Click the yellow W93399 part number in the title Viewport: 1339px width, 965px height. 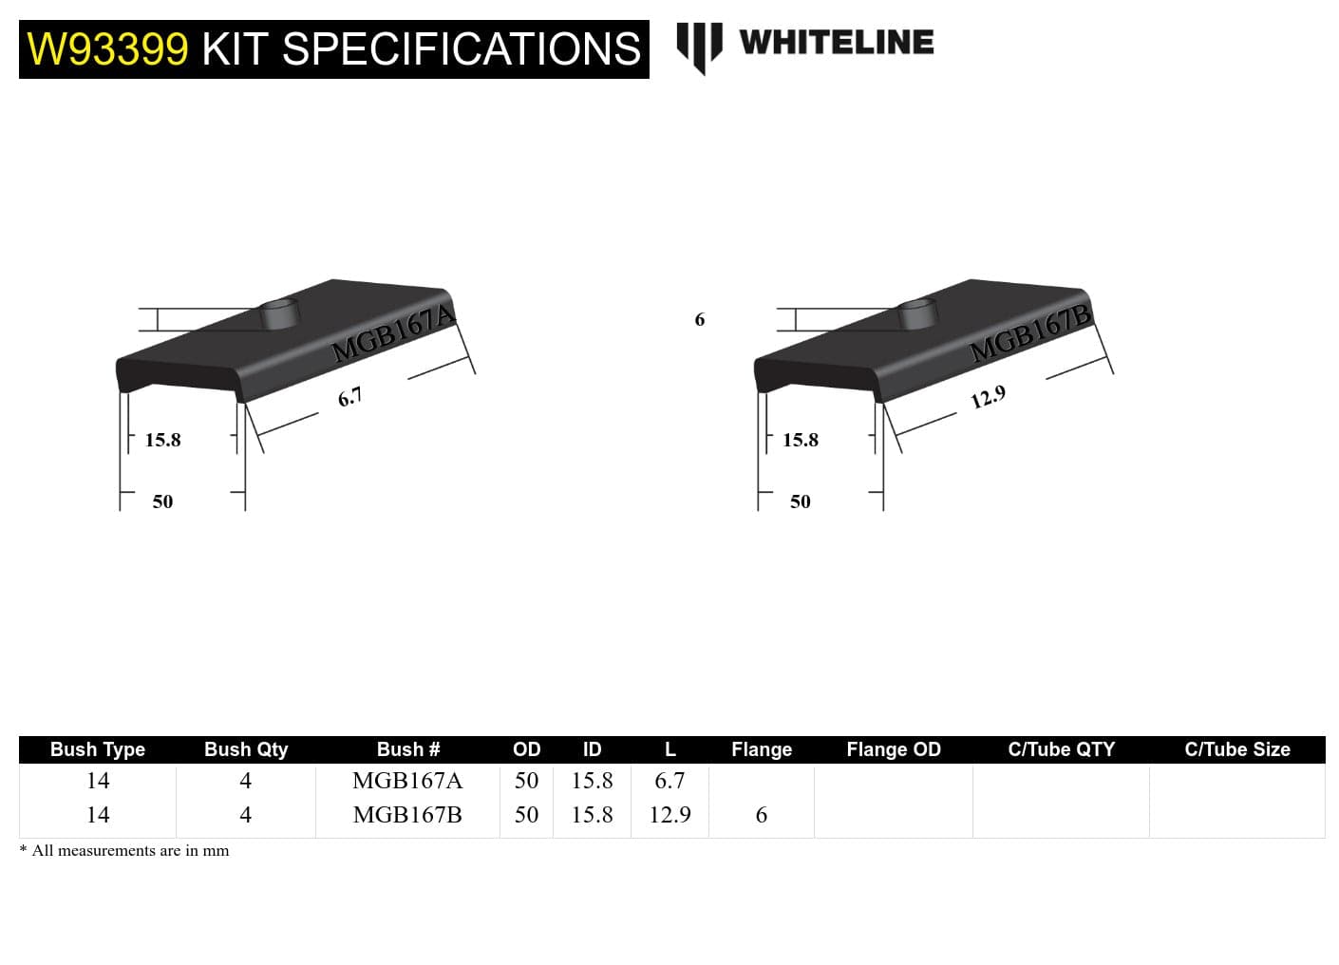[x=107, y=49]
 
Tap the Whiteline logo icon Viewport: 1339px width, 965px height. [x=699, y=47]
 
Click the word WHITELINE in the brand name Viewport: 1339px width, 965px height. [x=836, y=43]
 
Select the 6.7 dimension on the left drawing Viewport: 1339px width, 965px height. [x=349, y=397]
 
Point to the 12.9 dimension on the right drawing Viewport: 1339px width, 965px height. [x=988, y=397]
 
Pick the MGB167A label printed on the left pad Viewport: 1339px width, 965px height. [x=393, y=333]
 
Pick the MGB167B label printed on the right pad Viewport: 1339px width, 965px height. [x=1031, y=333]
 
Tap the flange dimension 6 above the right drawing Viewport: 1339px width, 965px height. [x=700, y=320]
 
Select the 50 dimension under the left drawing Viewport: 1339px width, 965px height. [x=162, y=501]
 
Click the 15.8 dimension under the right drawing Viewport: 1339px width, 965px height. [x=800, y=440]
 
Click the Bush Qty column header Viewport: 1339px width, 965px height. [x=245, y=749]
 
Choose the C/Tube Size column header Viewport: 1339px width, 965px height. [x=1236, y=749]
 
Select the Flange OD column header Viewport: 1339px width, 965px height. [x=893, y=749]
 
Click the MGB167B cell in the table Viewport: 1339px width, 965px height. [x=406, y=815]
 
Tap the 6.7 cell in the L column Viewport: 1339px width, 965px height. [x=669, y=781]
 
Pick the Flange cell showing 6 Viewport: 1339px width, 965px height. [x=761, y=815]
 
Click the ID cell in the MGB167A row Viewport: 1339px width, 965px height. [x=592, y=781]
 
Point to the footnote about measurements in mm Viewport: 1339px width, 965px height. [x=124, y=851]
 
